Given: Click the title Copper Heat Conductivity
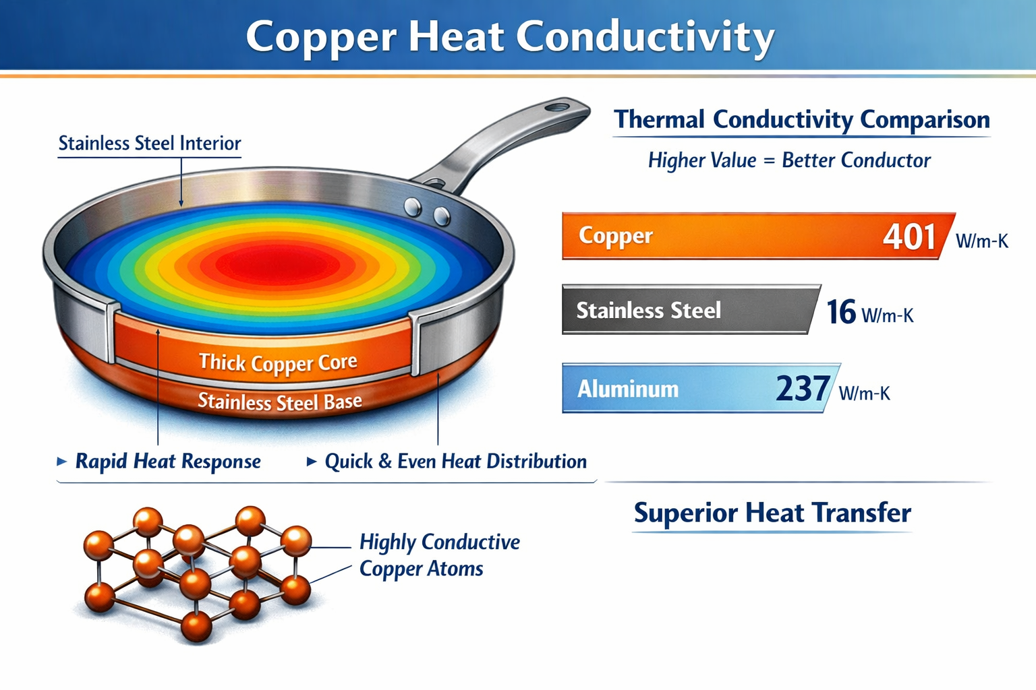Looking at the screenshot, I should (510, 36).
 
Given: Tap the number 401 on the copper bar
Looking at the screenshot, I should (909, 237).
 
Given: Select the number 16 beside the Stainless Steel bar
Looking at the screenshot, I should (841, 311).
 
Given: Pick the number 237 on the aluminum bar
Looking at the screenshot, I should (802, 388).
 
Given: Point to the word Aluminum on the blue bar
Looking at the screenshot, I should (628, 389).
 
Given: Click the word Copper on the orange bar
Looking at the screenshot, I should (615, 236).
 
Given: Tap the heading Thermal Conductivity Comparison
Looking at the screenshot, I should (801, 120).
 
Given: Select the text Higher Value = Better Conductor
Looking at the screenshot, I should (788, 160).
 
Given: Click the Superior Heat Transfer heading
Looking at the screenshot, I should (772, 513).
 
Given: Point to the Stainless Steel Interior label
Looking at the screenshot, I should (149, 144).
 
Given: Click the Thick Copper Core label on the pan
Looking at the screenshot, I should (278, 363).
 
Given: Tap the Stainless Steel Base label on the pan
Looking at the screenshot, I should (280, 402).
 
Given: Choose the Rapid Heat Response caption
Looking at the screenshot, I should (168, 462).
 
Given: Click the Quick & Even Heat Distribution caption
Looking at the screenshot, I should (455, 462).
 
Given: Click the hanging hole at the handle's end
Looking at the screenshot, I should (557, 106).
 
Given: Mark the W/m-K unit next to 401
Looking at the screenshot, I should (981, 241).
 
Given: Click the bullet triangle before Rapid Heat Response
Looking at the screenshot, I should (62, 462).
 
